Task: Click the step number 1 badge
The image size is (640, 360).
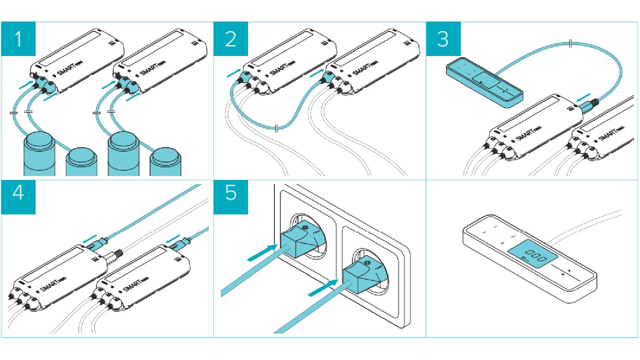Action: click(18, 39)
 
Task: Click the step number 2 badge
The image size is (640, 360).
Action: click(231, 39)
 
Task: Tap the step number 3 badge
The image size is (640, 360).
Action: click(443, 39)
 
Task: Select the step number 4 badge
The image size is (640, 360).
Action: click(18, 193)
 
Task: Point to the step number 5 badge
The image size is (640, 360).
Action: click(231, 193)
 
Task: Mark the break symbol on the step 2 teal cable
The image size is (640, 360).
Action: click(277, 128)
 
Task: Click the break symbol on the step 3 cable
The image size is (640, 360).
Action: click(571, 43)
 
